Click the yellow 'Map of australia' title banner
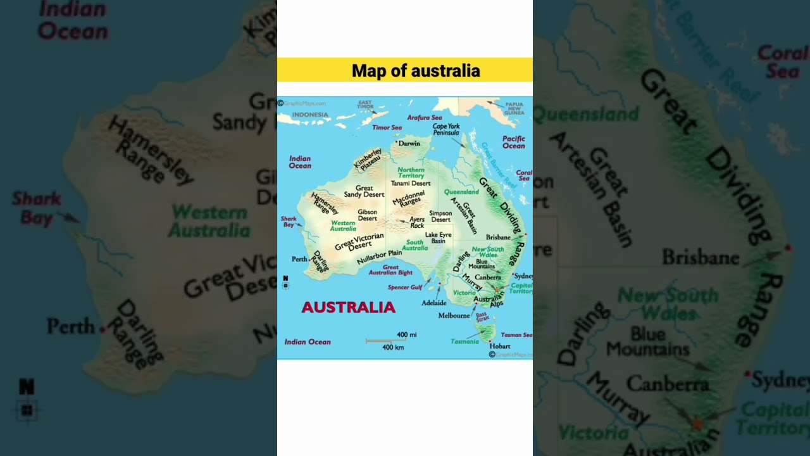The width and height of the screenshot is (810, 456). click(x=405, y=70)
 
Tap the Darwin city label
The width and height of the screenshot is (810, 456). click(x=409, y=144)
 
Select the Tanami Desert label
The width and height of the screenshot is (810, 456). click(x=410, y=184)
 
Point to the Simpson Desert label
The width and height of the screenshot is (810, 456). click(x=440, y=217)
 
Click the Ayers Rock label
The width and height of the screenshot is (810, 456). click(x=417, y=222)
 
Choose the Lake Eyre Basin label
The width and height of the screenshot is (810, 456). click(x=439, y=238)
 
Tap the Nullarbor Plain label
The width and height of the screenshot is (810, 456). click(x=379, y=257)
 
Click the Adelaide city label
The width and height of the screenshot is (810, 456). click(x=434, y=303)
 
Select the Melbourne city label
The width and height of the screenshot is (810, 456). click(x=454, y=315)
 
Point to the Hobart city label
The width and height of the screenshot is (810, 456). click(x=499, y=346)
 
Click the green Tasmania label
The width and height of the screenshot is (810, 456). click(x=464, y=342)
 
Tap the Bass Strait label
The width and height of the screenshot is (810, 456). click(x=482, y=316)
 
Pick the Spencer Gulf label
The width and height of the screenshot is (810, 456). click(x=405, y=288)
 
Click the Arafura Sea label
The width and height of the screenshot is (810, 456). click(x=424, y=118)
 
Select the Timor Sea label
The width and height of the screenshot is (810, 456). click(x=387, y=128)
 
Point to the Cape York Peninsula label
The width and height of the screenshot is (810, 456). click(x=446, y=129)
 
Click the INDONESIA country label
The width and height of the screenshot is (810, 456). click(x=310, y=115)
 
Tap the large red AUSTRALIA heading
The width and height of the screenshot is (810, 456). click(x=348, y=308)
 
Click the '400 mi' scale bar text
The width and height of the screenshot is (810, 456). click(x=406, y=335)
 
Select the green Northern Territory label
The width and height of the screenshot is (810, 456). click(x=411, y=173)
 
